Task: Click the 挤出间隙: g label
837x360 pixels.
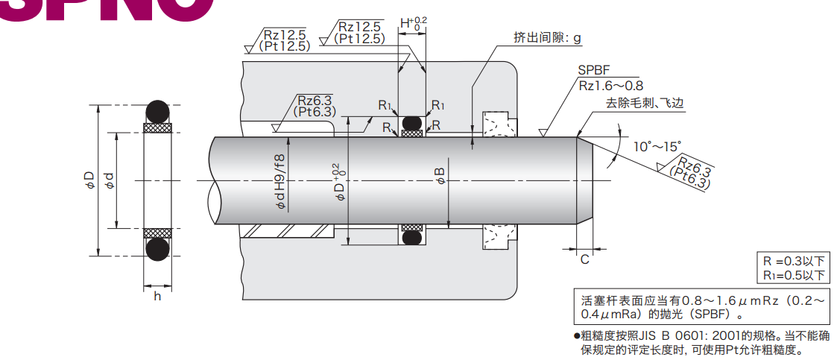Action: [x=546, y=37]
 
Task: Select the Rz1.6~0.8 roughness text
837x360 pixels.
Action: [x=610, y=86]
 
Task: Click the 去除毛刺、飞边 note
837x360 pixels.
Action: [x=644, y=103]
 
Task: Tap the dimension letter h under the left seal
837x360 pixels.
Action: [x=157, y=296]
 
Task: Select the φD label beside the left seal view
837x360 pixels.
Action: [x=89, y=180]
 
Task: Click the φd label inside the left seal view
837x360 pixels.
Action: [x=110, y=180]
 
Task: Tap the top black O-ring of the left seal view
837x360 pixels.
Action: [x=157, y=112]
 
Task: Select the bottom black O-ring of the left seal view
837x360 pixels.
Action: [x=157, y=249]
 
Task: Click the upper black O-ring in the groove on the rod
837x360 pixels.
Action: [x=411, y=122]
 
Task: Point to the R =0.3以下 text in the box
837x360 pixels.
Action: [x=793, y=262]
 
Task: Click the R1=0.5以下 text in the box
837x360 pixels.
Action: [x=793, y=276]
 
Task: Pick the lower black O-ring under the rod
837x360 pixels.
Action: [x=411, y=238]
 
